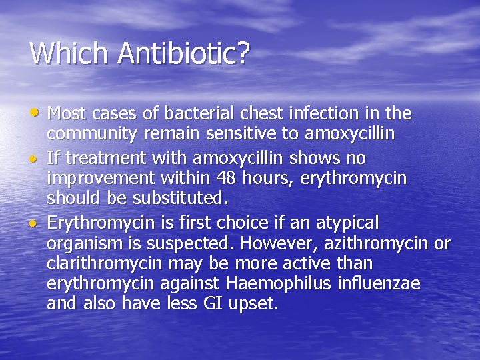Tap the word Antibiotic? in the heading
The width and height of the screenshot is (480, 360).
(183, 53)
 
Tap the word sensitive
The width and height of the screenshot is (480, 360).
(244, 135)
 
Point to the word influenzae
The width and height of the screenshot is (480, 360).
(379, 283)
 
